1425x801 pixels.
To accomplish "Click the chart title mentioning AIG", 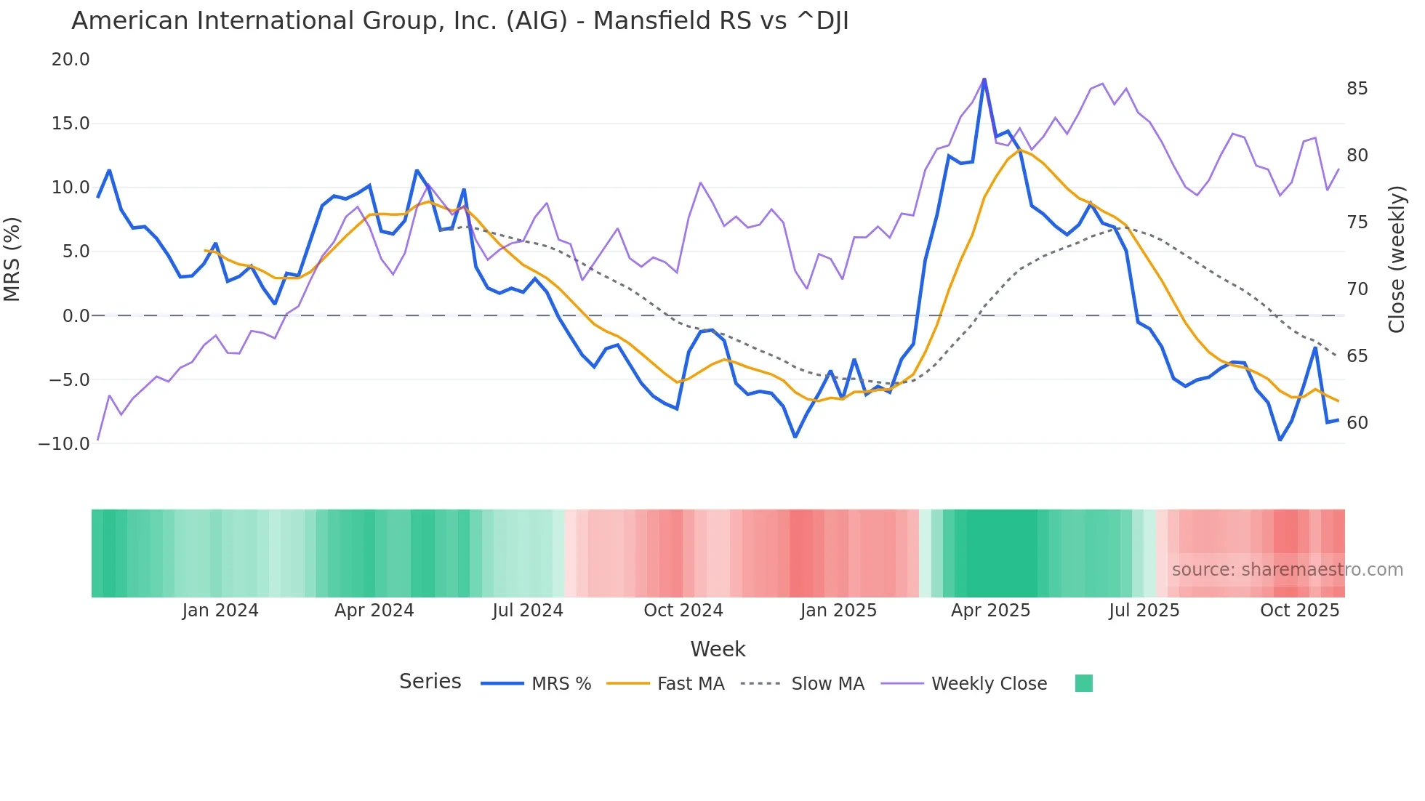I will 459,21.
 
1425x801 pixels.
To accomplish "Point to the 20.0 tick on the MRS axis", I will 71,60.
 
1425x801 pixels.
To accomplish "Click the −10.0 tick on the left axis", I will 64,443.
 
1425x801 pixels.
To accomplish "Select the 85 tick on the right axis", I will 1357,89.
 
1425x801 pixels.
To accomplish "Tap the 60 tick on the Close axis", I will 1357,423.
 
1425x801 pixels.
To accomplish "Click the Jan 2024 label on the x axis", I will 220,611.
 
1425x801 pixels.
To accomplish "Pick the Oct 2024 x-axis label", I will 683,611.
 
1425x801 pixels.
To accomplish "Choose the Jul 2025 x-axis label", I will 1144,611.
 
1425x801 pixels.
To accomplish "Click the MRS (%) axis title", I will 12,259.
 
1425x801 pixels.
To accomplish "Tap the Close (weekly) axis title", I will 1397,259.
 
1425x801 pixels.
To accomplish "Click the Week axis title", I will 718,649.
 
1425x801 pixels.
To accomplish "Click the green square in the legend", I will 1083,683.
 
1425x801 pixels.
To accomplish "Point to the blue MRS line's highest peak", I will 984,79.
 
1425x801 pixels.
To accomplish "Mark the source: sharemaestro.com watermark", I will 1287,570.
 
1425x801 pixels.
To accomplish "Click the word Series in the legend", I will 430,682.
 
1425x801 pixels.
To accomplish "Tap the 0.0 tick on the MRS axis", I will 76,316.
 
